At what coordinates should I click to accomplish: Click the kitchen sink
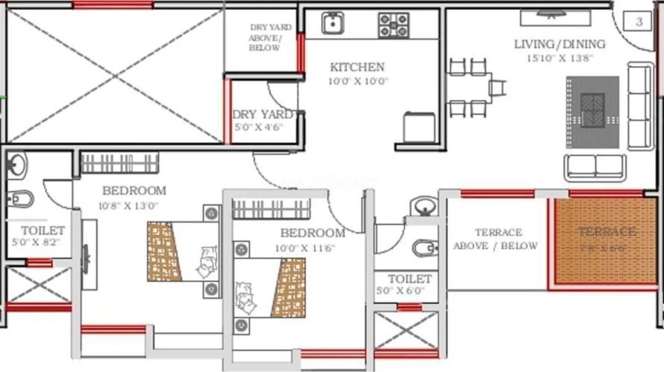point(332,23)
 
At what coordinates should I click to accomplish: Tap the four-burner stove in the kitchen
point(394,25)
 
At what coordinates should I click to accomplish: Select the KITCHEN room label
point(357,67)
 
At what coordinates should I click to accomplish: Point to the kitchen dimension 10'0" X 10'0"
point(358,81)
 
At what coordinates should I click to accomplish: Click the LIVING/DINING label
point(560,44)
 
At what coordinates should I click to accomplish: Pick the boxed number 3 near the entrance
point(639,22)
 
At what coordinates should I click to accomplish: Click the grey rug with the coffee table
point(592,112)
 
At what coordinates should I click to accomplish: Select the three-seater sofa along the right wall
point(640,106)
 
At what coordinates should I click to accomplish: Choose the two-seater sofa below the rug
point(594,167)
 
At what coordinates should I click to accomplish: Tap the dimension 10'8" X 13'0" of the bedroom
point(131,205)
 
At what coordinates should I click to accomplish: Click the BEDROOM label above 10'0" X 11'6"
point(312,233)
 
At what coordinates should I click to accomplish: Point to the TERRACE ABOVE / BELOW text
point(495,239)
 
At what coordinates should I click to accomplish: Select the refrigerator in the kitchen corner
point(419,128)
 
